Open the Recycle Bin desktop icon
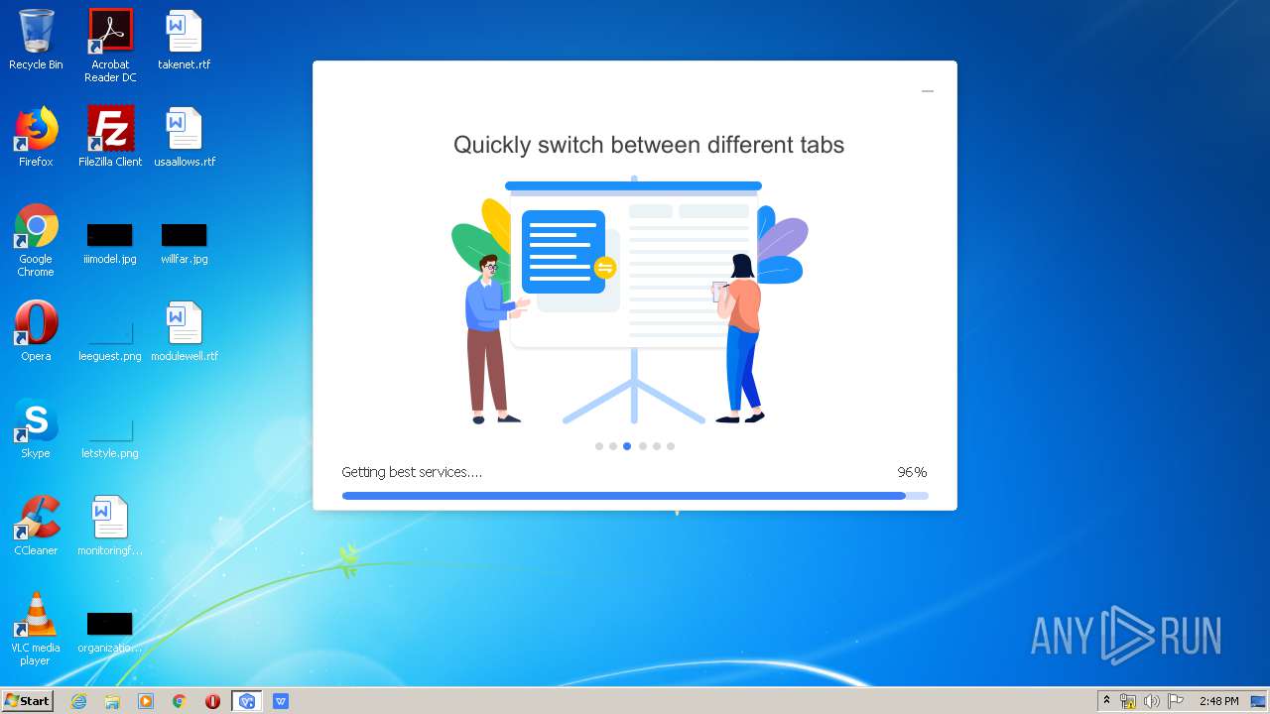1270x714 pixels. tap(37, 31)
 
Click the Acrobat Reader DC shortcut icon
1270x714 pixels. tap(110, 31)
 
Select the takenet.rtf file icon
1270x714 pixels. tap(184, 31)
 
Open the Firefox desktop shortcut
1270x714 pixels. tap(37, 128)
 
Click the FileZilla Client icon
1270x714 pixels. tap(110, 128)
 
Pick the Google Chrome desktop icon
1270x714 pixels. tap(37, 225)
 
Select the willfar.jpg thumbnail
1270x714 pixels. tap(184, 235)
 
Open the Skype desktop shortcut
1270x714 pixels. tap(37, 419)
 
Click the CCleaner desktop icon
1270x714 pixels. tap(37, 517)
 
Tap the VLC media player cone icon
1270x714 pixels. tap(37, 614)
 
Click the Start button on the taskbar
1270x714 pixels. tap(27, 701)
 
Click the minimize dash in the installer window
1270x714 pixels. tap(928, 91)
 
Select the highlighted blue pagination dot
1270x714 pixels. tap(627, 446)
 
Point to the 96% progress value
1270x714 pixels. tap(912, 472)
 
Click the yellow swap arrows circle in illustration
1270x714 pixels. tap(605, 268)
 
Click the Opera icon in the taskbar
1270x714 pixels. tap(212, 701)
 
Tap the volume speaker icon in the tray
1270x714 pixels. tap(1151, 701)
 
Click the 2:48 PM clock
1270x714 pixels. tap(1219, 701)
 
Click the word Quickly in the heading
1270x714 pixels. tap(492, 145)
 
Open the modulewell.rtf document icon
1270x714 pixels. tap(184, 322)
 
